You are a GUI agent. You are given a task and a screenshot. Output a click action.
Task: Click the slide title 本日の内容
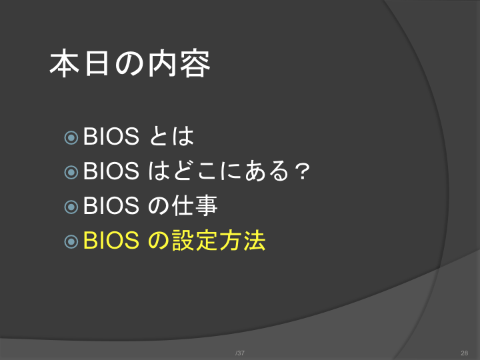coord(130,63)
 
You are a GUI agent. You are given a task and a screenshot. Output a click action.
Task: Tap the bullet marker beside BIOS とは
coord(71,138)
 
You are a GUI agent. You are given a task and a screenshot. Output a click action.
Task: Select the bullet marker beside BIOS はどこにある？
coord(71,172)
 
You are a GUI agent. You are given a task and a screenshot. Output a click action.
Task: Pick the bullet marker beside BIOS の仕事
coord(71,207)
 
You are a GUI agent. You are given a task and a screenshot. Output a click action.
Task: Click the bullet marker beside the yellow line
coord(71,241)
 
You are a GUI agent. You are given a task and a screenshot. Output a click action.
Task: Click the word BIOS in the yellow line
coord(111,240)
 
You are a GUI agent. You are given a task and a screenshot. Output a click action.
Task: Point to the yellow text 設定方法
coord(219,240)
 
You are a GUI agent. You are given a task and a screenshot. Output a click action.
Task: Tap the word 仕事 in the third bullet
coord(195,205)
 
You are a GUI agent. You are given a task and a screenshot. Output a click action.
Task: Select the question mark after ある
coord(303,171)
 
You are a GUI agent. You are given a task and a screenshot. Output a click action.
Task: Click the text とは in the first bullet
coord(172,136)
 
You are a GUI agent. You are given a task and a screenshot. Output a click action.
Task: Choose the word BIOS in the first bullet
coord(111,136)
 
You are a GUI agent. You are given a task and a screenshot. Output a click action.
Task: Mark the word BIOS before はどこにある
coord(111,171)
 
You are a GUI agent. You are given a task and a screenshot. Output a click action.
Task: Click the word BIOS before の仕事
coord(111,205)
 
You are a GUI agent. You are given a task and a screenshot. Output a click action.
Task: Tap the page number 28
coord(465,353)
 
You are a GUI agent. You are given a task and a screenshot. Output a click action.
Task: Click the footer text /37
coord(240,353)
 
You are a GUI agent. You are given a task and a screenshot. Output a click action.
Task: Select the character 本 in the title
coord(64,63)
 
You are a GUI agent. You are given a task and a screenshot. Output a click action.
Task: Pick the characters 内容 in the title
coord(179,64)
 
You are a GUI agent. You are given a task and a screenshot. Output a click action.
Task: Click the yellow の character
coord(159,241)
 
